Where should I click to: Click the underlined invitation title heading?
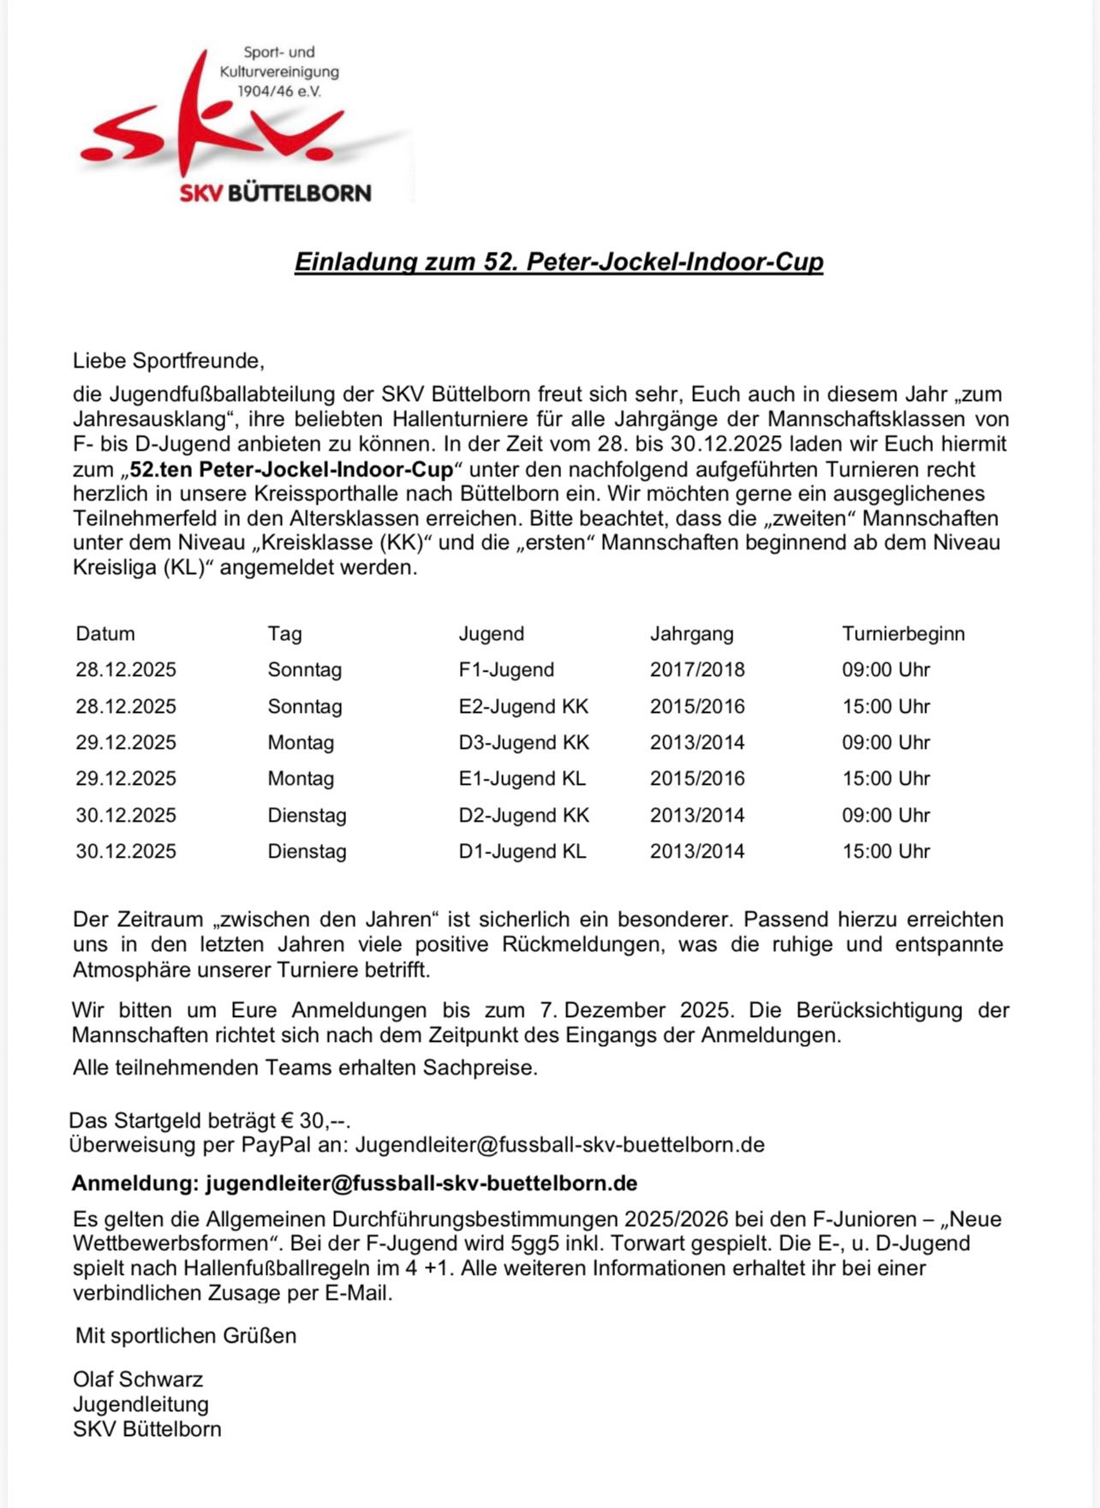point(559,261)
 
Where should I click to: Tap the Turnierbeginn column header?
point(903,634)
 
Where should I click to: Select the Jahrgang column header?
point(691,634)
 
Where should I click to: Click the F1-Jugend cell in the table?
point(506,670)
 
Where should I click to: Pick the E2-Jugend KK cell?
point(523,707)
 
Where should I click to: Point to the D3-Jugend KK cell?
point(523,743)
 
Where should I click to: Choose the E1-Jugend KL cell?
point(522,779)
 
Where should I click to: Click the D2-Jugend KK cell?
point(523,816)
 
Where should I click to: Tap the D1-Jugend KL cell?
point(522,852)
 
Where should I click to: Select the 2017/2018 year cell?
point(697,670)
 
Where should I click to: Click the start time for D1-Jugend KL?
point(886,852)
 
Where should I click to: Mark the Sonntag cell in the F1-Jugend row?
point(304,670)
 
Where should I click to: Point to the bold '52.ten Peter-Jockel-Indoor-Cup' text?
point(291,470)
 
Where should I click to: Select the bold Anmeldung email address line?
point(354,1183)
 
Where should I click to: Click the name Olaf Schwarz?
point(138,1379)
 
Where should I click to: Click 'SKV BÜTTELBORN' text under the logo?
point(275,193)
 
